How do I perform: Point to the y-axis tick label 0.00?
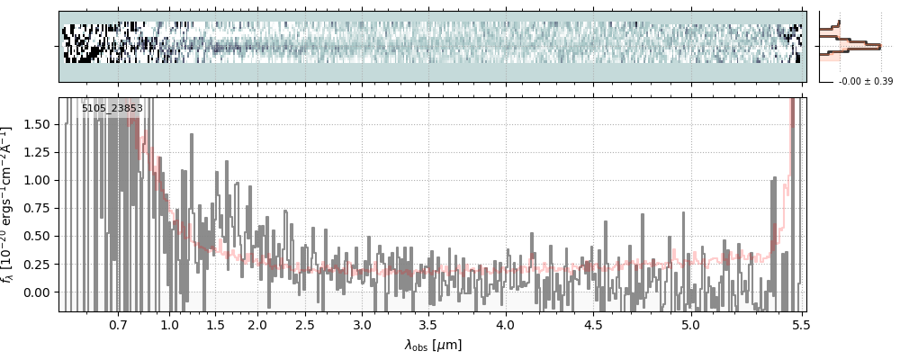click(x=37, y=292)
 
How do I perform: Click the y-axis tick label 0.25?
click(x=37, y=265)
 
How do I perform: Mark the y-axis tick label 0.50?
click(x=37, y=236)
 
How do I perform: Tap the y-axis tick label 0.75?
click(x=37, y=208)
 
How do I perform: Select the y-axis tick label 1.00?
click(x=37, y=180)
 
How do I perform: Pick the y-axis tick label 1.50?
click(x=37, y=124)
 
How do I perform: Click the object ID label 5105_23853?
click(x=112, y=109)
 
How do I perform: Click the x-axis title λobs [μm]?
click(x=433, y=344)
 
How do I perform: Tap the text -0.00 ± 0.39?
click(x=865, y=82)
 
